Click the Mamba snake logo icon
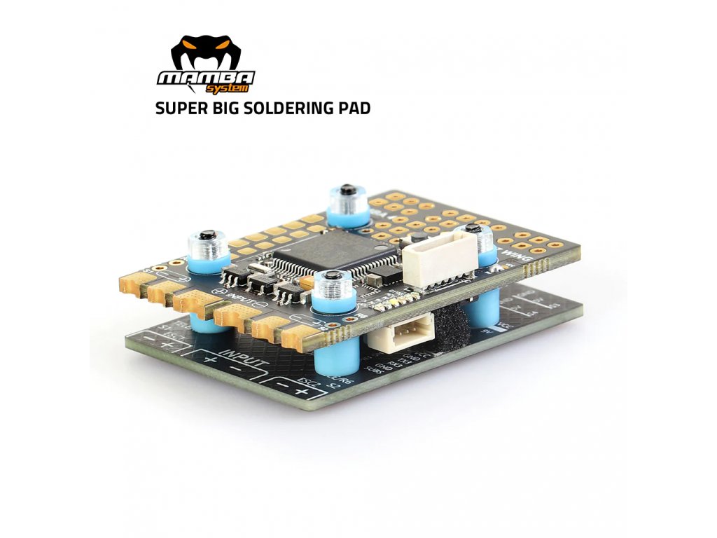coord(205,53)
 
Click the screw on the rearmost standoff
coord(347,191)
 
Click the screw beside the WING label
coord(473,229)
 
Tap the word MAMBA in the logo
coord(205,77)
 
